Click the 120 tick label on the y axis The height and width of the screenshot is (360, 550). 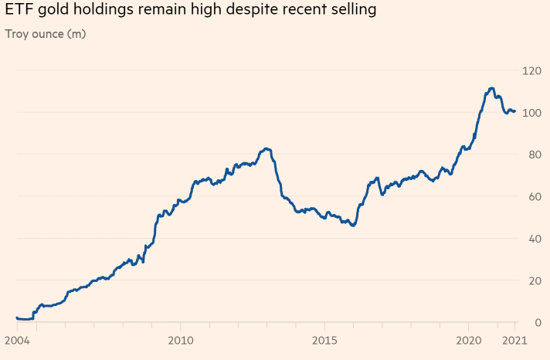(530, 70)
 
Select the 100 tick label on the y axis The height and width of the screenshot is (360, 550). (530, 113)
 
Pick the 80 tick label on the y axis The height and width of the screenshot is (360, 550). (532, 155)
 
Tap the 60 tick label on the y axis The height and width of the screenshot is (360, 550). (532, 196)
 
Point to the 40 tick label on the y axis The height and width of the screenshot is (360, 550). (532, 238)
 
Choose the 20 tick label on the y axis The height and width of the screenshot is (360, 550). (532, 280)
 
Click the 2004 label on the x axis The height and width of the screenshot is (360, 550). (16, 341)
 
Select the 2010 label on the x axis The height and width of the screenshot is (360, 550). (180, 341)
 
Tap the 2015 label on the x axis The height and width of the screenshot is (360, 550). (324, 341)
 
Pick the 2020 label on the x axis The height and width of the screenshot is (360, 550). (469, 341)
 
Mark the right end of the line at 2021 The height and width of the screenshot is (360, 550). (514, 112)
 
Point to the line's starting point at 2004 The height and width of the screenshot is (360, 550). (17, 318)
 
